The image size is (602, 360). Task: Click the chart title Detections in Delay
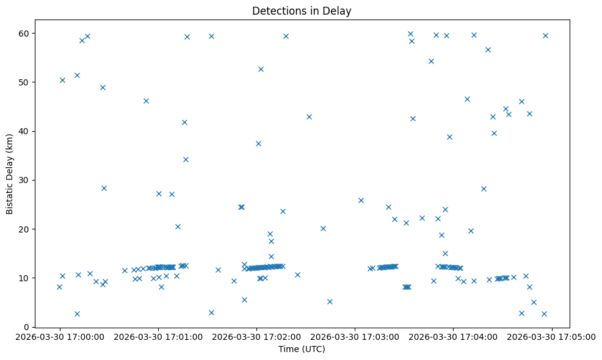coord(302,11)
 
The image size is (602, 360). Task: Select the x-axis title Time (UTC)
coord(302,349)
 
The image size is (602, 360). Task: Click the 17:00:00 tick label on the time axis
coord(59,336)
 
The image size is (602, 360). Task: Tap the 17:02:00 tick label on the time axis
coord(256,336)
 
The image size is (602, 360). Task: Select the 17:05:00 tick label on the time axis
coord(553,336)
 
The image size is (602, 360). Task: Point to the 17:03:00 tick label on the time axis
coord(355,336)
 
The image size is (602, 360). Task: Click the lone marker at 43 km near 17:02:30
coord(309,117)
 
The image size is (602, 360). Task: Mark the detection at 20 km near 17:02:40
coord(323,228)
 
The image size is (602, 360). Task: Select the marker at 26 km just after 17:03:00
coord(361,200)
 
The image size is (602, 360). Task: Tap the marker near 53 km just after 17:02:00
coord(261,69)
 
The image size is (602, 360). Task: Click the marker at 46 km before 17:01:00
coord(146,101)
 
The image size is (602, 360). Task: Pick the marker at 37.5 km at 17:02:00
coord(258,143)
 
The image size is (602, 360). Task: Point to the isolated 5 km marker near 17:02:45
coord(330,301)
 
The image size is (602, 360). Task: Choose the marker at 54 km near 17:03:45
coord(431,61)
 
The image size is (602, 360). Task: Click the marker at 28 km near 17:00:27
coord(104,188)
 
